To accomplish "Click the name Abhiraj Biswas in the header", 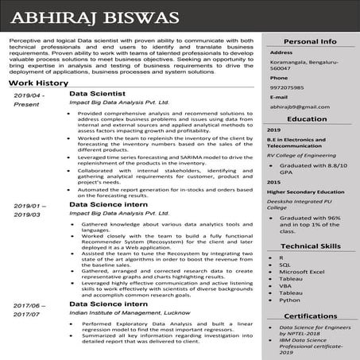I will (88, 17).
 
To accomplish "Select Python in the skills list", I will (290, 300).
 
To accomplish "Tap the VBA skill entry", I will (285, 283).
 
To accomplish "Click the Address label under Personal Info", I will (281, 52).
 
